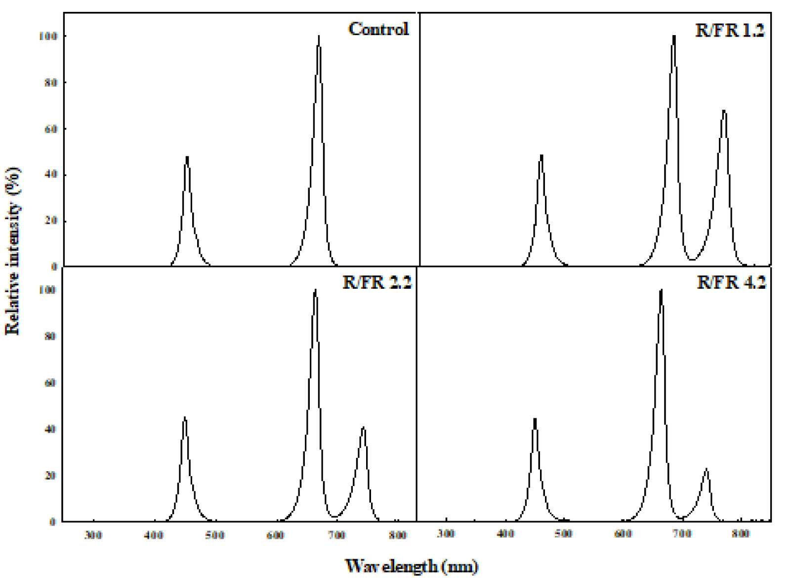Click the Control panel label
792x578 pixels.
pos(378,29)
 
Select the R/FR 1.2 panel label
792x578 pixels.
pos(730,31)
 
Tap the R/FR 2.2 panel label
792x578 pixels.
pos(377,282)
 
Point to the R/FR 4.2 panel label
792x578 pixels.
pos(731,282)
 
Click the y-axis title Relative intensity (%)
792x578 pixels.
pos(13,251)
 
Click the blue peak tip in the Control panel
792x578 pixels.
pos(187,157)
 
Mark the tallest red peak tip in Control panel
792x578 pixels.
pos(319,36)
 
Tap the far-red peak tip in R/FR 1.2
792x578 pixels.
pos(724,111)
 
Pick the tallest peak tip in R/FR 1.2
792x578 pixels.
pos(674,36)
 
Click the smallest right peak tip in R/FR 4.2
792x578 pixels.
pos(706,469)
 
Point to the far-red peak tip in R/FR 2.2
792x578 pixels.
pos(363,427)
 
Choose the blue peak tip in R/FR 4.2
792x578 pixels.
pos(535,419)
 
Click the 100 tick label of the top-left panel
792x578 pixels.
pos(48,37)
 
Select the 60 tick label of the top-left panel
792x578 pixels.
pos(51,129)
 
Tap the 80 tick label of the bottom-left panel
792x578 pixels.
pos(51,336)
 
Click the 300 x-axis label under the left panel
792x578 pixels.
pos(93,535)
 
